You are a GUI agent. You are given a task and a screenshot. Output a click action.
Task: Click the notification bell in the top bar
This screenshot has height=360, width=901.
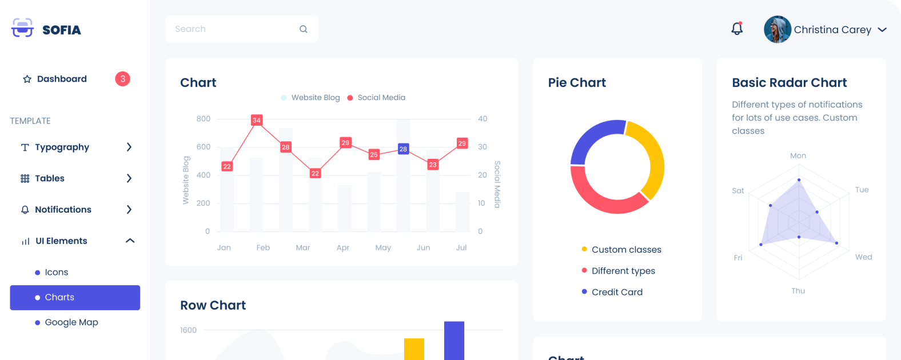[737, 29]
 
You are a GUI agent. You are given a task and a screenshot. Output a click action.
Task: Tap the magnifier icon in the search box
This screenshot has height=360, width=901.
[304, 29]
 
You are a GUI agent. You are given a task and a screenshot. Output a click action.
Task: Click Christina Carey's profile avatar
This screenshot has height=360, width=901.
[778, 30]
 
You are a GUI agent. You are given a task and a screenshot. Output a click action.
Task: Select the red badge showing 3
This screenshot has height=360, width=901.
[122, 79]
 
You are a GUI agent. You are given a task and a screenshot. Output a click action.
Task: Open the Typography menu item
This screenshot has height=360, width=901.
[62, 147]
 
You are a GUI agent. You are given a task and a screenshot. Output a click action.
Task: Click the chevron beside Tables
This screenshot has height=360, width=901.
[129, 178]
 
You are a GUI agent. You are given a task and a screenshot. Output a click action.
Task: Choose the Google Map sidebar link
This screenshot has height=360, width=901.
[71, 322]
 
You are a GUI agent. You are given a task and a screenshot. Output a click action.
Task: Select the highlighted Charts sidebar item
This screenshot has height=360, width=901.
[75, 298]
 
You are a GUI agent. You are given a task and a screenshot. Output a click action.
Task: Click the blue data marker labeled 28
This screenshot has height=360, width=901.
[403, 149]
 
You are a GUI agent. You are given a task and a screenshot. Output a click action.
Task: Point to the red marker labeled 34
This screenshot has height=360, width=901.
[257, 120]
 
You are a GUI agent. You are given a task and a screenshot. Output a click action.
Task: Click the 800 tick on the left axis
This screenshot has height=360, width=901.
[204, 119]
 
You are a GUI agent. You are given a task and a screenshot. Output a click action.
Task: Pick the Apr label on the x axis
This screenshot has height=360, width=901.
[343, 248]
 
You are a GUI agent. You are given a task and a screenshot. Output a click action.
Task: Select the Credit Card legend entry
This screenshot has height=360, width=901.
[617, 292]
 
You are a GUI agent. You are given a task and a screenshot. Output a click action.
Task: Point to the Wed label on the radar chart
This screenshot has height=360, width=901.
[863, 257]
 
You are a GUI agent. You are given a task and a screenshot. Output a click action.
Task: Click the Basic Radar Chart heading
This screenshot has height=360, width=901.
[789, 83]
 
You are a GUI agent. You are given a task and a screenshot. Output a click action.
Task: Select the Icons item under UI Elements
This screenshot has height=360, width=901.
[57, 273]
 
